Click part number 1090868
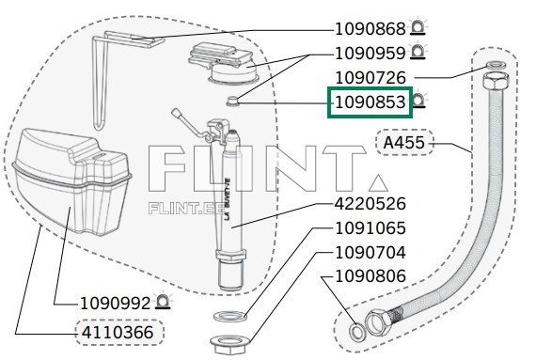pos(370,29)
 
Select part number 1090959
pos(370,54)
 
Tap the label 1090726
pos(370,78)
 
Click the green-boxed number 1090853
pos(370,102)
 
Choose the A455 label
pos(404,143)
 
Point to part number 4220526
pos(370,204)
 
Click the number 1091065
pos(370,228)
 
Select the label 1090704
pos(370,253)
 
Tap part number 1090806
pos(370,276)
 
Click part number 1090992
pos(116,304)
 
